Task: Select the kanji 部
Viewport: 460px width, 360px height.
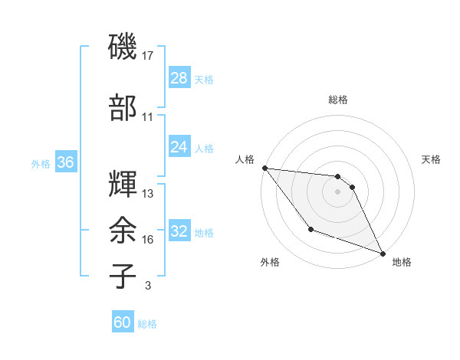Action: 123,108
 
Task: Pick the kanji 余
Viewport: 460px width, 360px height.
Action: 123,230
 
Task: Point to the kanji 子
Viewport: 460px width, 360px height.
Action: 123,276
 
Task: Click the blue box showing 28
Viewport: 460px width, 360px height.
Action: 179,79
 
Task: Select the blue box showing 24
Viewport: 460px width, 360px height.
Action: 179,147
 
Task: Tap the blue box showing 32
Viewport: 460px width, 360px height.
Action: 179,231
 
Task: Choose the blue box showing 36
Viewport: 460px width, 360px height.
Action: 66,162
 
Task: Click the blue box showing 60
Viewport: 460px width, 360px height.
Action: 123,323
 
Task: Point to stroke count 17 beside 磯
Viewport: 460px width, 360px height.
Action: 148,56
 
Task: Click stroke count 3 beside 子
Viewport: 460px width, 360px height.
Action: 147,286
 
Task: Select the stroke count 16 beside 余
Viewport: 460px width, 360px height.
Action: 148,240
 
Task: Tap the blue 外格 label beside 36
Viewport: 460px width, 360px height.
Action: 41,163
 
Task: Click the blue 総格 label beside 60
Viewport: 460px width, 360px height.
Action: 147,324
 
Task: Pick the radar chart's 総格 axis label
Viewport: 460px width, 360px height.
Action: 338,100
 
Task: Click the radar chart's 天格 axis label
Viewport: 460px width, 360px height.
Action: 432,159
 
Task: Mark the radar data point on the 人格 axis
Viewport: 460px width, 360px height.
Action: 264,168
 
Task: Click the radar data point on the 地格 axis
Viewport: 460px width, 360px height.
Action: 383,254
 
